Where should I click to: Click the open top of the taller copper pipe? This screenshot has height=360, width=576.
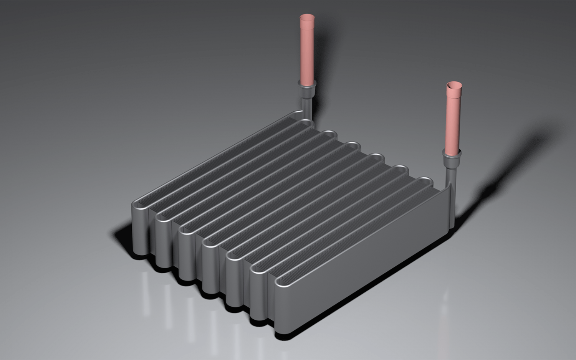(x=306, y=18)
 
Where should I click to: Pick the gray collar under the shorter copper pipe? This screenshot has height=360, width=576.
(x=451, y=159)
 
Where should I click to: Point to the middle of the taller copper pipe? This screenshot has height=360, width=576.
(x=306, y=50)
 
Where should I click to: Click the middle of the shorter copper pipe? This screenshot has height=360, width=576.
(x=453, y=119)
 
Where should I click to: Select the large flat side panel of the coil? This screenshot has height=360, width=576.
(x=365, y=261)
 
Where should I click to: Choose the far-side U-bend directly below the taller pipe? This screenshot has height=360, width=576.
(x=305, y=123)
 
